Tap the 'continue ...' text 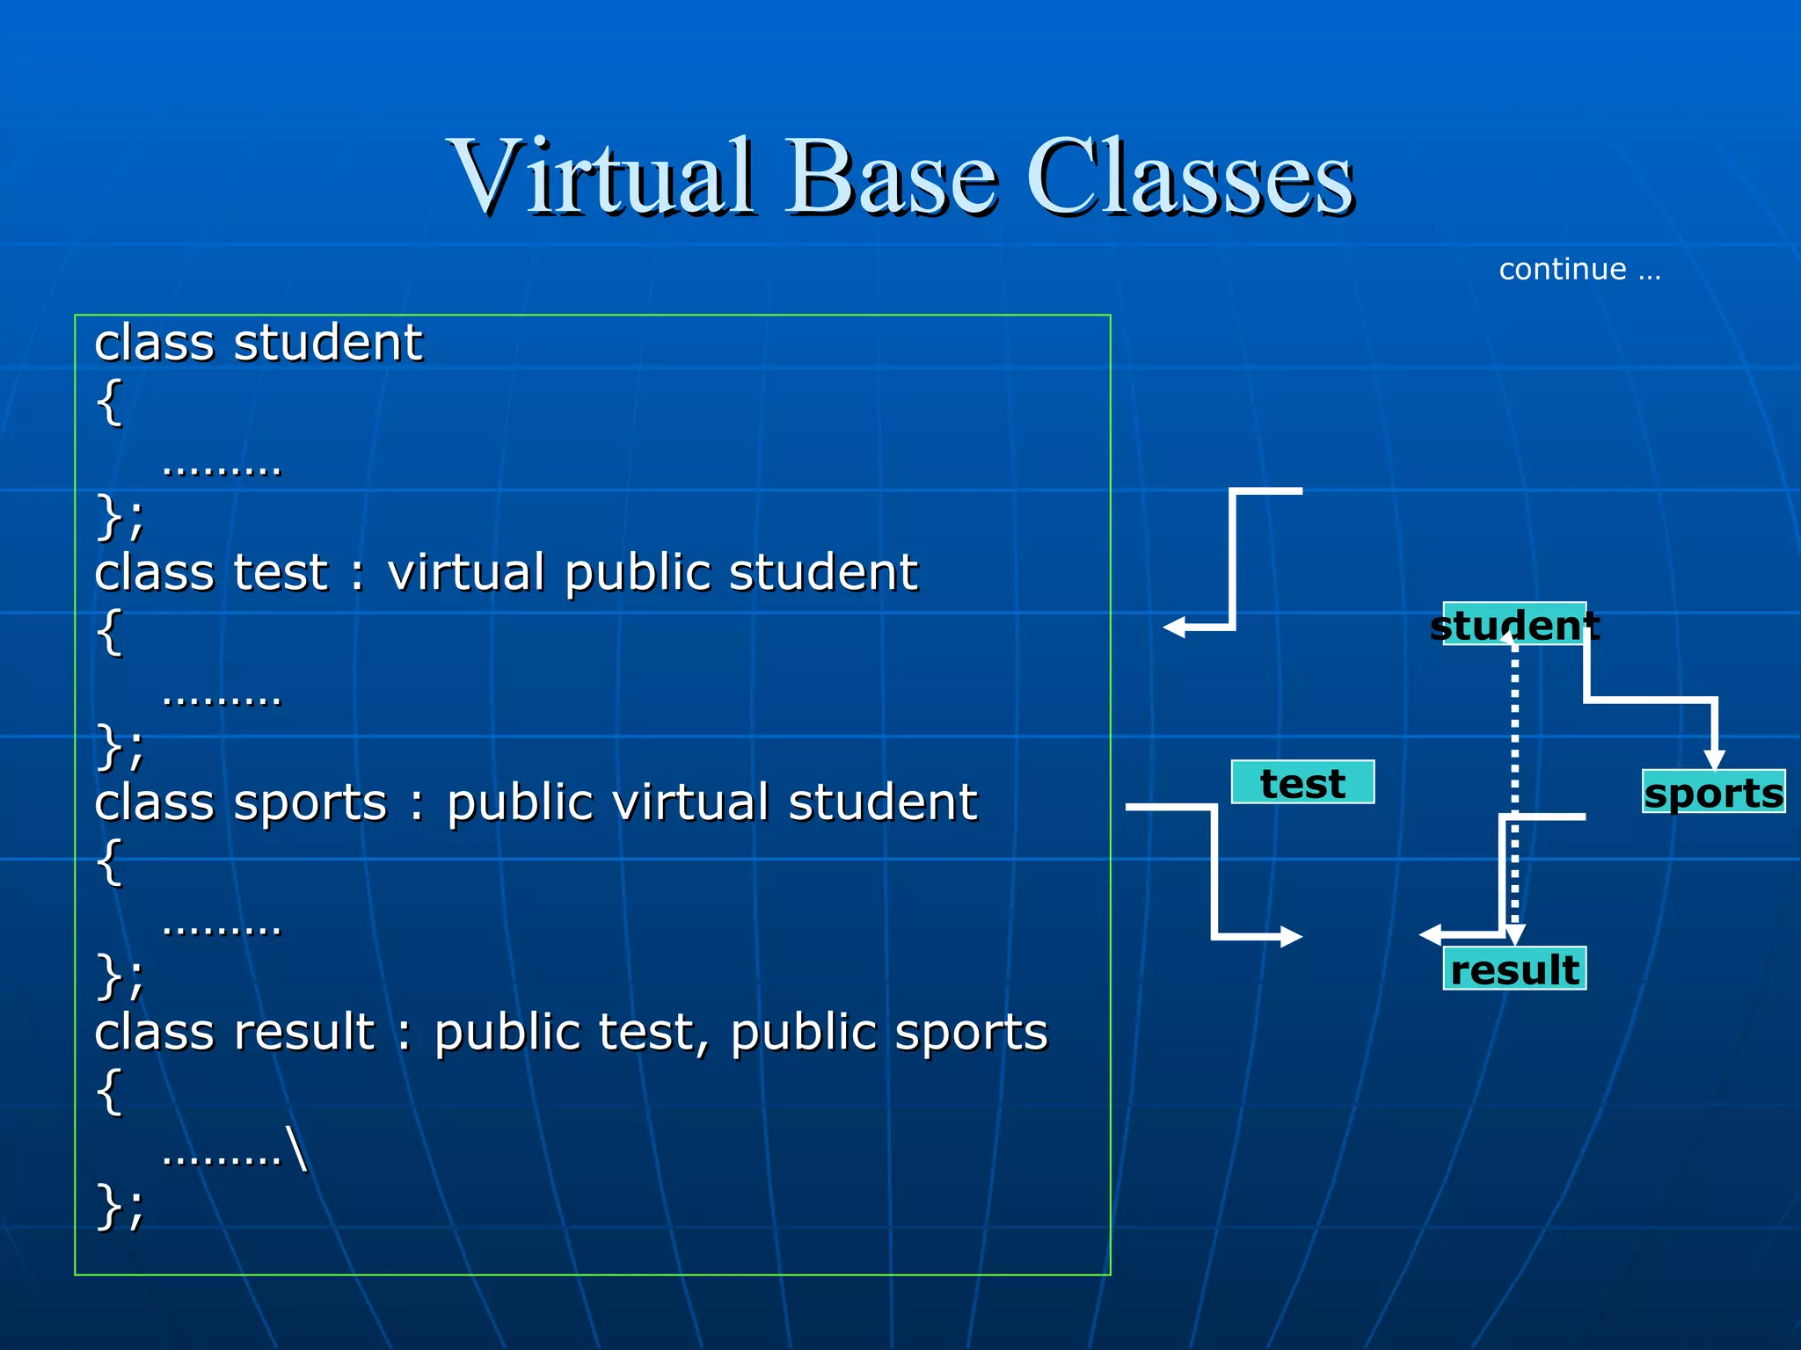click(1579, 269)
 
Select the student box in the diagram click(1514, 624)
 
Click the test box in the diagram click(1302, 782)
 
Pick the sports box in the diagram click(1713, 792)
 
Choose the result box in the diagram click(1514, 969)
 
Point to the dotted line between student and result click(1514, 747)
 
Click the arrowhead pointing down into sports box click(1714, 759)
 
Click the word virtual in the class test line click(466, 573)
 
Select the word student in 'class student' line click(327, 343)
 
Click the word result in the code click(304, 1032)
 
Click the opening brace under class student click(109, 403)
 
